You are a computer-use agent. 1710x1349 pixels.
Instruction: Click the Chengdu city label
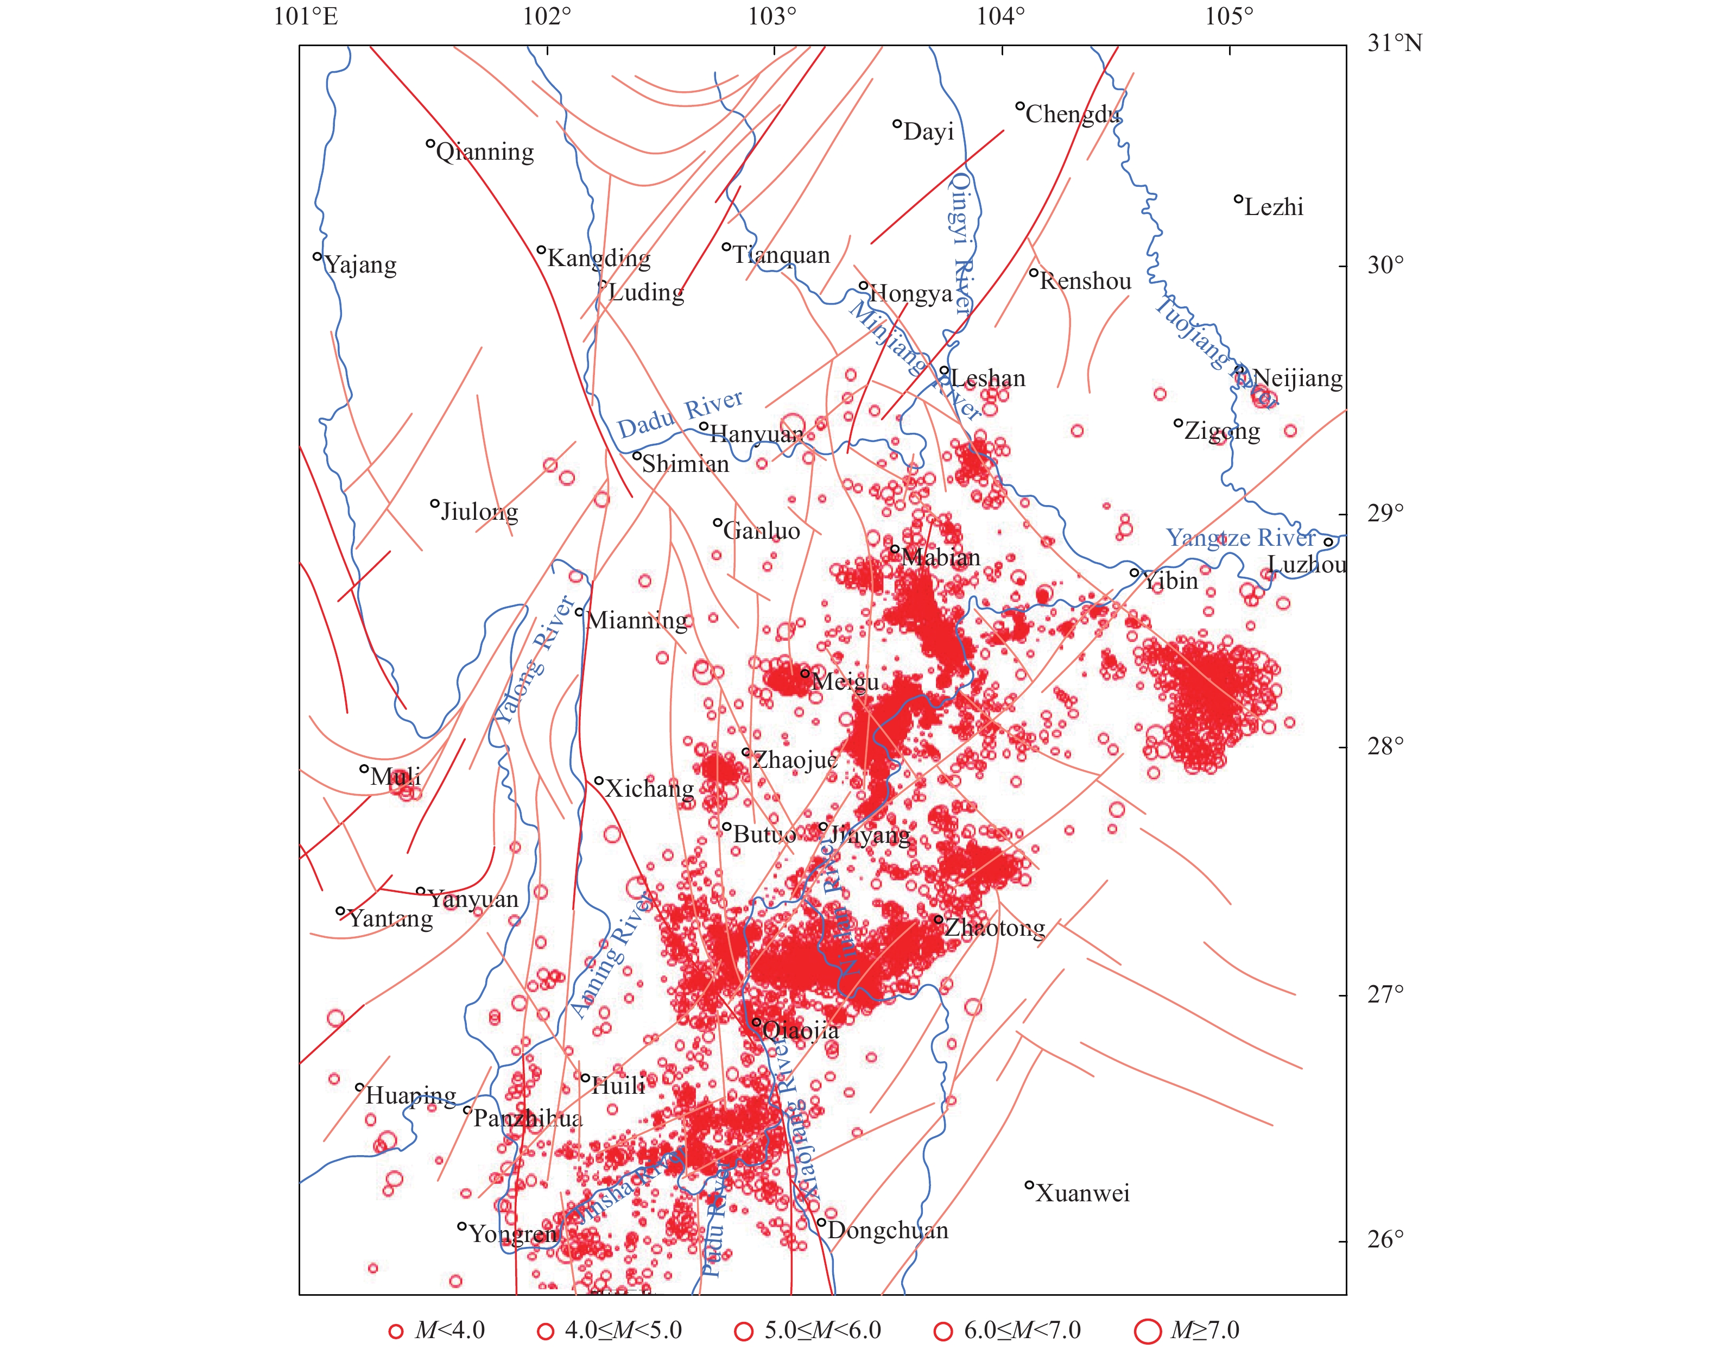pos(1072,115)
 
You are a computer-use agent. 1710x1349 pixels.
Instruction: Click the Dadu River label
pos(680,415)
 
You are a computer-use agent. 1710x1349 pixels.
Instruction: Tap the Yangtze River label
pos(1240,538)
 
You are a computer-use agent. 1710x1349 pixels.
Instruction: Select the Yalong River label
pos(534,660)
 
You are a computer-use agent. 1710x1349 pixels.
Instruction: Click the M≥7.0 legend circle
pos(1147,1331)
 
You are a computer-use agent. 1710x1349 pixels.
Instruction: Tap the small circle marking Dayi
pos(897,124)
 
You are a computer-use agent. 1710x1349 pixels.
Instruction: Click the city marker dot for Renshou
pos(1034,273)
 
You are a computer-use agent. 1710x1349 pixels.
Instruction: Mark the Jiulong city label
pos(479,512)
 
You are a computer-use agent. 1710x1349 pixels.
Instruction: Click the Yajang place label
pos(360,264)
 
